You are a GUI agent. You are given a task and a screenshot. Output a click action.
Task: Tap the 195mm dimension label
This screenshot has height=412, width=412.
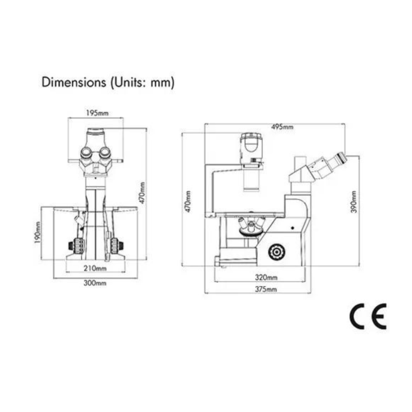pyautogui.click(x=97, y=113)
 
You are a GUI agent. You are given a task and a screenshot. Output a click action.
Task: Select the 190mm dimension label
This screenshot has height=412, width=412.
pyautogui.click(x=38, y=232)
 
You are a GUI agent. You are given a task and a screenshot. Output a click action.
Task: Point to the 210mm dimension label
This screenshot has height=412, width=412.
pyautogui.click(x=95, y=268)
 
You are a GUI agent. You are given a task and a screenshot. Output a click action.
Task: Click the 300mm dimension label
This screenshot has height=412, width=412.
pyautogui.click(x=95, y=283)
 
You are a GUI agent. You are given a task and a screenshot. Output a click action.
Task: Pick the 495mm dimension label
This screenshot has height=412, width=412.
pyautogui.click(x=282, y=127)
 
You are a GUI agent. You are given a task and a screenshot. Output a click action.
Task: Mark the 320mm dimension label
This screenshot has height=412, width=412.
pyautogui.click(x=266, y=278)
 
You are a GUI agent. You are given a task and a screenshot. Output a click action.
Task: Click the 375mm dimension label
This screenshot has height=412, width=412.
pyautogui.click(x=266, y=289)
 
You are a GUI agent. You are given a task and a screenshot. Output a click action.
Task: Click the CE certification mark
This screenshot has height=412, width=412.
pyautogui.click(x=368, y=316)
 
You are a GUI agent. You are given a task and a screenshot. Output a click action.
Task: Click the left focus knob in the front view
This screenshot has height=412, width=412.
pyautogui.click(x=77, y=246)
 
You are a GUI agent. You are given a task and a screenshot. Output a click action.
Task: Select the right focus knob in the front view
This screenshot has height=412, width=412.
pyautogui.click(x=115, y=246)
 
